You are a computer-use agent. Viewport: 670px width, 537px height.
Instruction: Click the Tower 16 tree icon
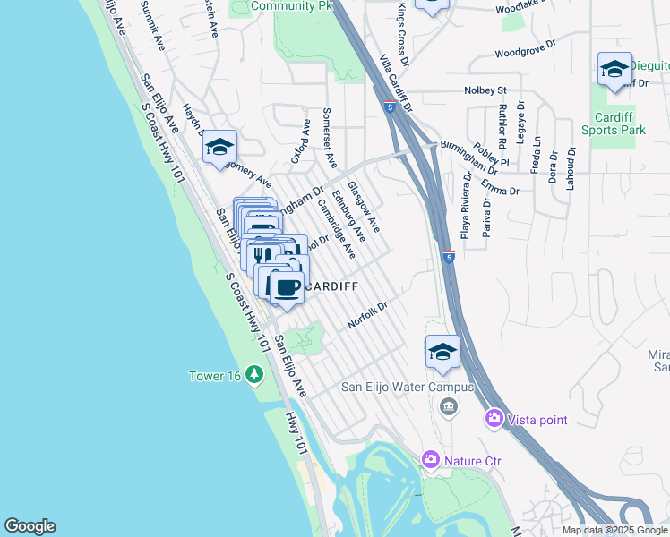coord(254,374)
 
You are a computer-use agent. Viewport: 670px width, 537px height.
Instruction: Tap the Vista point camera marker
coord(494,418)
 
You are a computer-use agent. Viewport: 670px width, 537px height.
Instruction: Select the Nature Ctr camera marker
coord(431,460)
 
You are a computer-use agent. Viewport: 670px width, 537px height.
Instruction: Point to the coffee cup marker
coord(287,288)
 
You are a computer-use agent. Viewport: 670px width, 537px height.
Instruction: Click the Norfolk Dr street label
coord(367,315)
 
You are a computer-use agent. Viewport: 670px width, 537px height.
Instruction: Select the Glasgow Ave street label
coord(364,205)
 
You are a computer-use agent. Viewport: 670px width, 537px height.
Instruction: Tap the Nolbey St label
coord(485,90)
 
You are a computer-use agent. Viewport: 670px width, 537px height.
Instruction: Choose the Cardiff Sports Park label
coord(619,124)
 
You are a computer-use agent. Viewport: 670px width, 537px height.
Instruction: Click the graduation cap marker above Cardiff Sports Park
coord(614,70)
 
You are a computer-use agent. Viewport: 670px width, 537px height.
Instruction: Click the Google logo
coord(30,526)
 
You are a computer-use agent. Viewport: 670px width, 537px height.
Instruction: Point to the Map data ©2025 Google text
coord(614,530)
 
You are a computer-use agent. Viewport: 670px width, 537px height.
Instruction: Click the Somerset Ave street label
coord(328,141)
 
